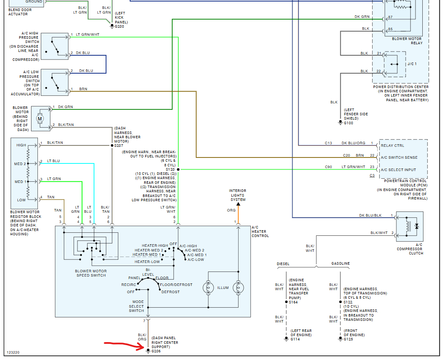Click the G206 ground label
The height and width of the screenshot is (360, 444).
(157, 351)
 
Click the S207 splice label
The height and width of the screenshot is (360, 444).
(119, 146)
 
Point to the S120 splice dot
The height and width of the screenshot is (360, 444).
(178, 169)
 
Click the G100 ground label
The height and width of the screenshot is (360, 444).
(349, 123)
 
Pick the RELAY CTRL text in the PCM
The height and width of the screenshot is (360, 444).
(393, 146)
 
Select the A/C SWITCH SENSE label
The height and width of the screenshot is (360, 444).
(399, 157)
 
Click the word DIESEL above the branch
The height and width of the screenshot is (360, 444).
(283, 264)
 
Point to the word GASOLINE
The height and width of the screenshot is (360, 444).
(341, 264)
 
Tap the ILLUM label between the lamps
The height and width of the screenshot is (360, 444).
(223, 288)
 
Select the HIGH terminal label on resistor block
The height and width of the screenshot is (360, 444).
(21, 145)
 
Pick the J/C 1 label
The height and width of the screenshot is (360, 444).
(412, 64)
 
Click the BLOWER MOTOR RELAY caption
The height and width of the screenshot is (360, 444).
(407, 41)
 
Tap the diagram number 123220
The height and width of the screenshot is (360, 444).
(14, 353)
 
